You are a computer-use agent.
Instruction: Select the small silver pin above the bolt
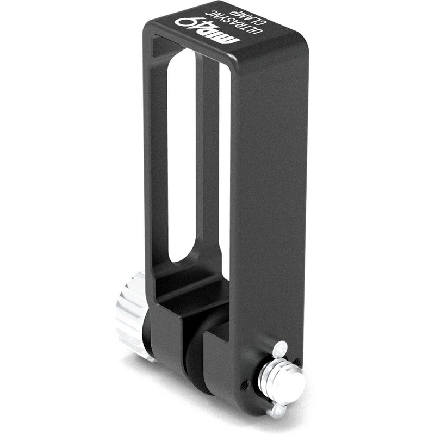coord(281,347)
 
